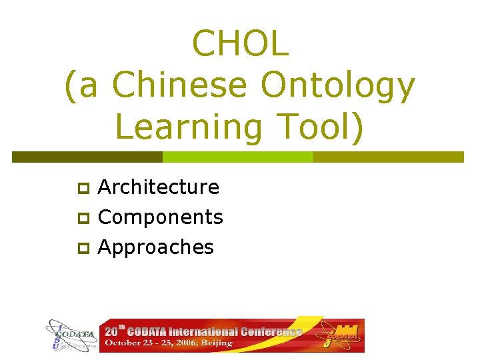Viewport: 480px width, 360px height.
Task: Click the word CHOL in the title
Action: click(x=240, y=43)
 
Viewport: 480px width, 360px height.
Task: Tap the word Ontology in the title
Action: click(x=338, y=85)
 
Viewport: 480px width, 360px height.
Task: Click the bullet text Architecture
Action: click(x=158, y=187)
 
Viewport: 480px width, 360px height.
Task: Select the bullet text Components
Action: click(x=160, y=217)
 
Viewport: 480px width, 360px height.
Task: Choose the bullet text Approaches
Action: click(x=155, y=247)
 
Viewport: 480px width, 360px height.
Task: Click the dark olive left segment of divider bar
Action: click(x=87, y=157)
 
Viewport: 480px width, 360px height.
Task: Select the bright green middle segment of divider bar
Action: click(x=238, y=157)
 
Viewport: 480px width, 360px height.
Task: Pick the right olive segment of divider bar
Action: click(x=388, y=157)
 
